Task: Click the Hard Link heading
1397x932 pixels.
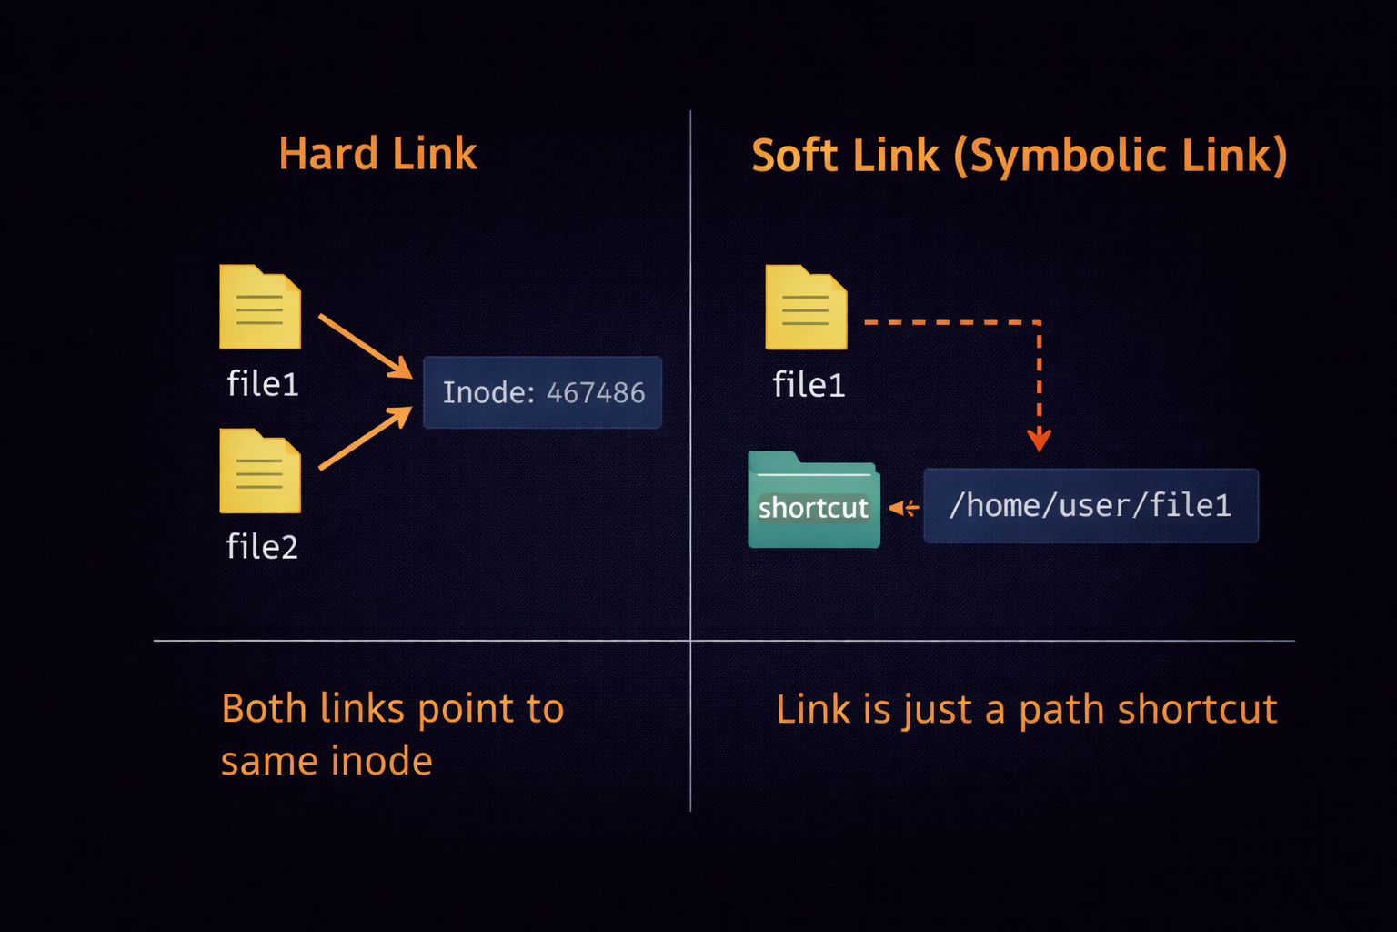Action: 377,154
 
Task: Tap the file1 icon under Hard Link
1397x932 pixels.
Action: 260,308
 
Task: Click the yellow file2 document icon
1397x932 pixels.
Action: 260,471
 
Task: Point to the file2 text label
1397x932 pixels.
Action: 262,547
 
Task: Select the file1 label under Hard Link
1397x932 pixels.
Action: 263,384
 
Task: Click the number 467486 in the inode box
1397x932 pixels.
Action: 596,393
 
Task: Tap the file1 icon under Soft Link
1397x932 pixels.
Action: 806,308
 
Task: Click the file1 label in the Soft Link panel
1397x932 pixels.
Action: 809,385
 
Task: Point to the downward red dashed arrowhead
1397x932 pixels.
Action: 1039,441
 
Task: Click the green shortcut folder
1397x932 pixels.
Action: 813,501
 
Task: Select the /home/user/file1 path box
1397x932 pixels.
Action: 1090,506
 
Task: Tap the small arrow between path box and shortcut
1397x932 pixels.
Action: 903,508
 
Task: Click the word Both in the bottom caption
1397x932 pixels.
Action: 264,709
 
